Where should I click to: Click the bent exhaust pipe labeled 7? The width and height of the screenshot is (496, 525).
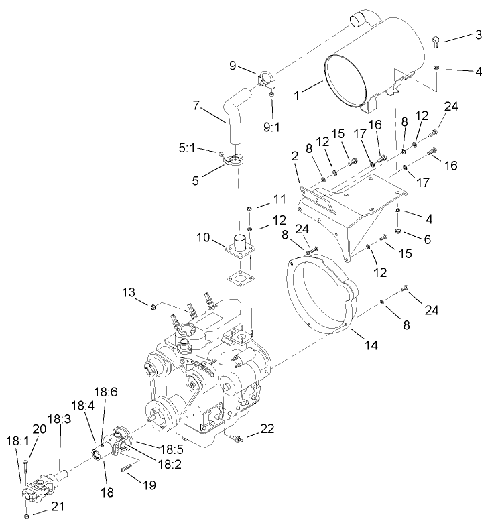231,124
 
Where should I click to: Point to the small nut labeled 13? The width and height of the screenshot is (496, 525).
153,307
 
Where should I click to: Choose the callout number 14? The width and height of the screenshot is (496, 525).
371,345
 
